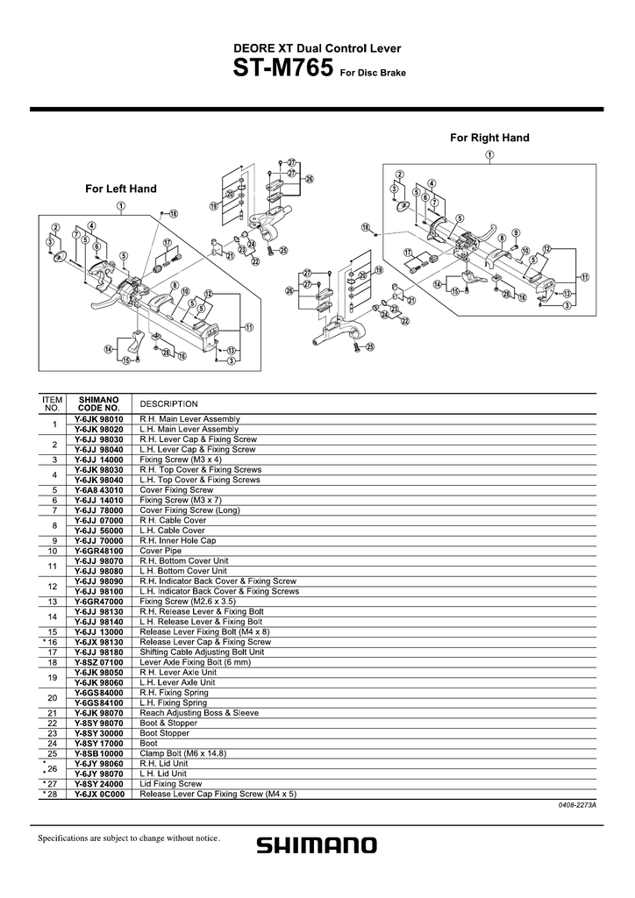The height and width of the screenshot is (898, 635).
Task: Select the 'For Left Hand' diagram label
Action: click(x=120, y=189)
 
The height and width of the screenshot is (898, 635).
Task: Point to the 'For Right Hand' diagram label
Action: click(x=489, y=138)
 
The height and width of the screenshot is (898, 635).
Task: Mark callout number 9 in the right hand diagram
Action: click(x=516, y=232)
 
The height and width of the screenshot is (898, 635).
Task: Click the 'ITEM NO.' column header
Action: click(x=52, y=403)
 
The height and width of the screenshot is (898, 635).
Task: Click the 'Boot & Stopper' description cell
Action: click(x=168, y=723)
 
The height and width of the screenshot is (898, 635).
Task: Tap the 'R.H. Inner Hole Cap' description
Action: click(x=177, y=541)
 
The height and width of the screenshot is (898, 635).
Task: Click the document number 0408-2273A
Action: click(x=576, y=804)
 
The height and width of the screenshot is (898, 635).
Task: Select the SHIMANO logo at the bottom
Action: click(x=317, y=845)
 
